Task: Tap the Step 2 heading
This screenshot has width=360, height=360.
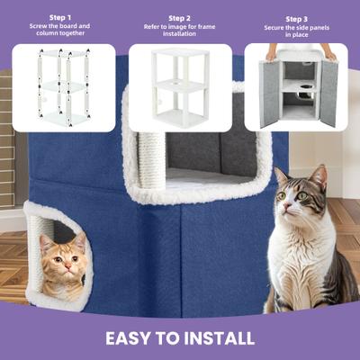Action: point(179,17)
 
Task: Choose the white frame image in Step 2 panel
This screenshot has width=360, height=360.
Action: point(180,87)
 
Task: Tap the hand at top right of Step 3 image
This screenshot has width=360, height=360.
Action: point(329,51)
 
